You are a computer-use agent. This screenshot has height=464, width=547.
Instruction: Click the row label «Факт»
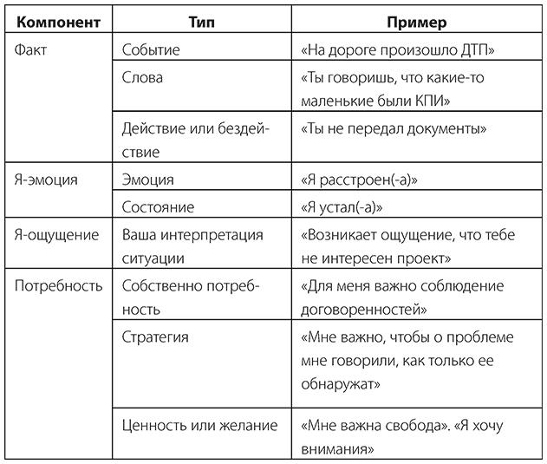coord(32,49)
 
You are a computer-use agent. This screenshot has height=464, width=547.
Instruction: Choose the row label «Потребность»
coord(58,285)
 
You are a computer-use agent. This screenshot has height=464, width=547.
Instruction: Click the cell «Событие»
coord(151,49)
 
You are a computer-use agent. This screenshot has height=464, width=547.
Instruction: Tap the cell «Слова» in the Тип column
coord(142,78)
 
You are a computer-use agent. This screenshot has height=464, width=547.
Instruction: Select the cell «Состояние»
coord(158,207)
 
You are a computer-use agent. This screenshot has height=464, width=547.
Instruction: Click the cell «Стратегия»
coord(155,337)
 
